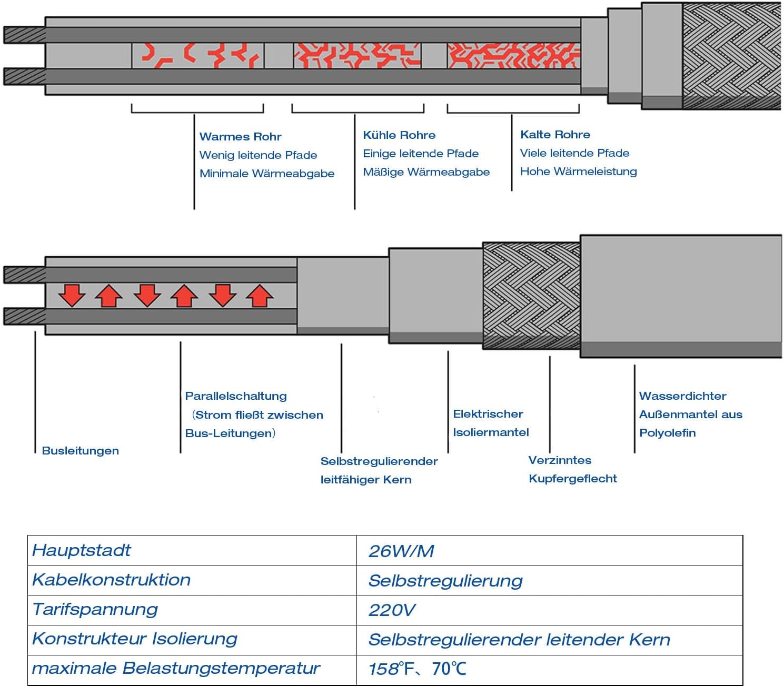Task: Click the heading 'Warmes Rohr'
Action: point(240,136)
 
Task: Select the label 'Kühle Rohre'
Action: point(399,135)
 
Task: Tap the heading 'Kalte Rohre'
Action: point(555,134)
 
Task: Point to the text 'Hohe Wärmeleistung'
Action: point(578,171)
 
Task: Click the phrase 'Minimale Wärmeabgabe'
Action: point(266,173)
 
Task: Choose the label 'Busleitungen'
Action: point(80,450)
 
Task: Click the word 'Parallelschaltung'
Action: point(236,396)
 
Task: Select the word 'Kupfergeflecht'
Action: point(572,478)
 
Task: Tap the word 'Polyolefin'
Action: point(667,432)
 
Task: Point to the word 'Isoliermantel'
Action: point(491,432)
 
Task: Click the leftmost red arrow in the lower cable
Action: point(72,295)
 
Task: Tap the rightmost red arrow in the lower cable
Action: point(259,296)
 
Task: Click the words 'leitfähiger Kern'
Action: point(366,479)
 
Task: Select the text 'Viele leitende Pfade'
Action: point(574,153)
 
